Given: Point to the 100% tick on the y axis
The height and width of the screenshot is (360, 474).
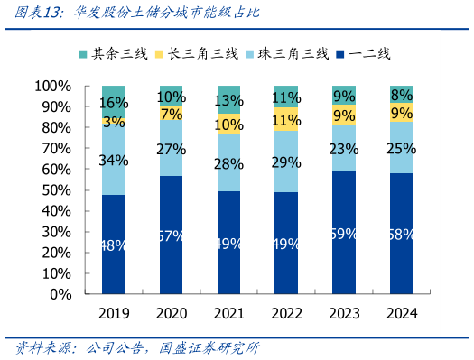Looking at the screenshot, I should [x=54, y=87].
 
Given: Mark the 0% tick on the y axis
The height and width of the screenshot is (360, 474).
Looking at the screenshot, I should [x=61, y=294].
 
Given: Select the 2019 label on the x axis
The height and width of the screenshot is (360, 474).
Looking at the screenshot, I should [x=113, y=314].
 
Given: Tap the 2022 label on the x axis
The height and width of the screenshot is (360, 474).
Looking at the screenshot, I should [x=285, y=314].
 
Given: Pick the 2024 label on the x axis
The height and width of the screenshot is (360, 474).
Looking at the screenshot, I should [x=400, y=314].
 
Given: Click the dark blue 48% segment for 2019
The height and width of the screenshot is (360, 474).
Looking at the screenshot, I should [x=113, y=244].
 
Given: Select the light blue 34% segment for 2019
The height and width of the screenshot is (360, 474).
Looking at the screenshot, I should [x=113, y=160].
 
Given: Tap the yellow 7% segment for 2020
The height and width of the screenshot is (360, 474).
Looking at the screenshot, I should [x=171, y=114].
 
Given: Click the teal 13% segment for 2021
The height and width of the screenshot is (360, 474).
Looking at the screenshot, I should [x=228, y=99].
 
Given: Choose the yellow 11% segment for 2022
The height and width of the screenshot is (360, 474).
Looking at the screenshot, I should [x=285, y=120].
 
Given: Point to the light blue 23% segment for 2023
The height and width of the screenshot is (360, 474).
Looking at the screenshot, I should [x=343, y=148].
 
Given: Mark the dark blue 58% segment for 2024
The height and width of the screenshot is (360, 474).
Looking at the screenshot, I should [x=400, y=234].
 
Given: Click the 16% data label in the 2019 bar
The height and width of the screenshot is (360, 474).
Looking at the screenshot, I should [x=113, y=103].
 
